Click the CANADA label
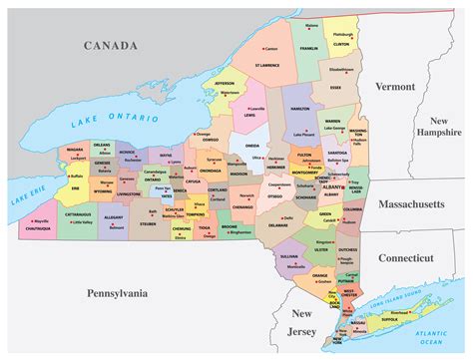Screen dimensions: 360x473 click(x=112, y=45)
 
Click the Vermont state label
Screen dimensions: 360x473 click(x=394, y=87)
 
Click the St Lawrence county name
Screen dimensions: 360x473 click(x=266, y=65)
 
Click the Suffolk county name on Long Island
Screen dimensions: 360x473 click(x=390, y=321)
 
